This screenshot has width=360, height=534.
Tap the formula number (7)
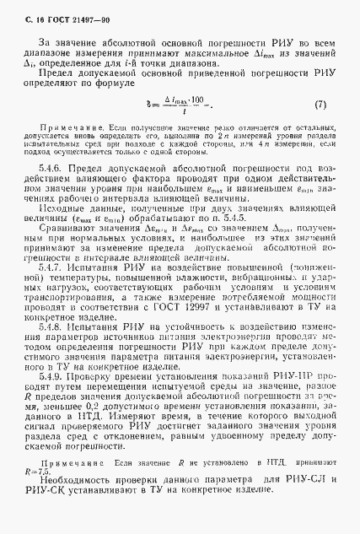tap(319, 105)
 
